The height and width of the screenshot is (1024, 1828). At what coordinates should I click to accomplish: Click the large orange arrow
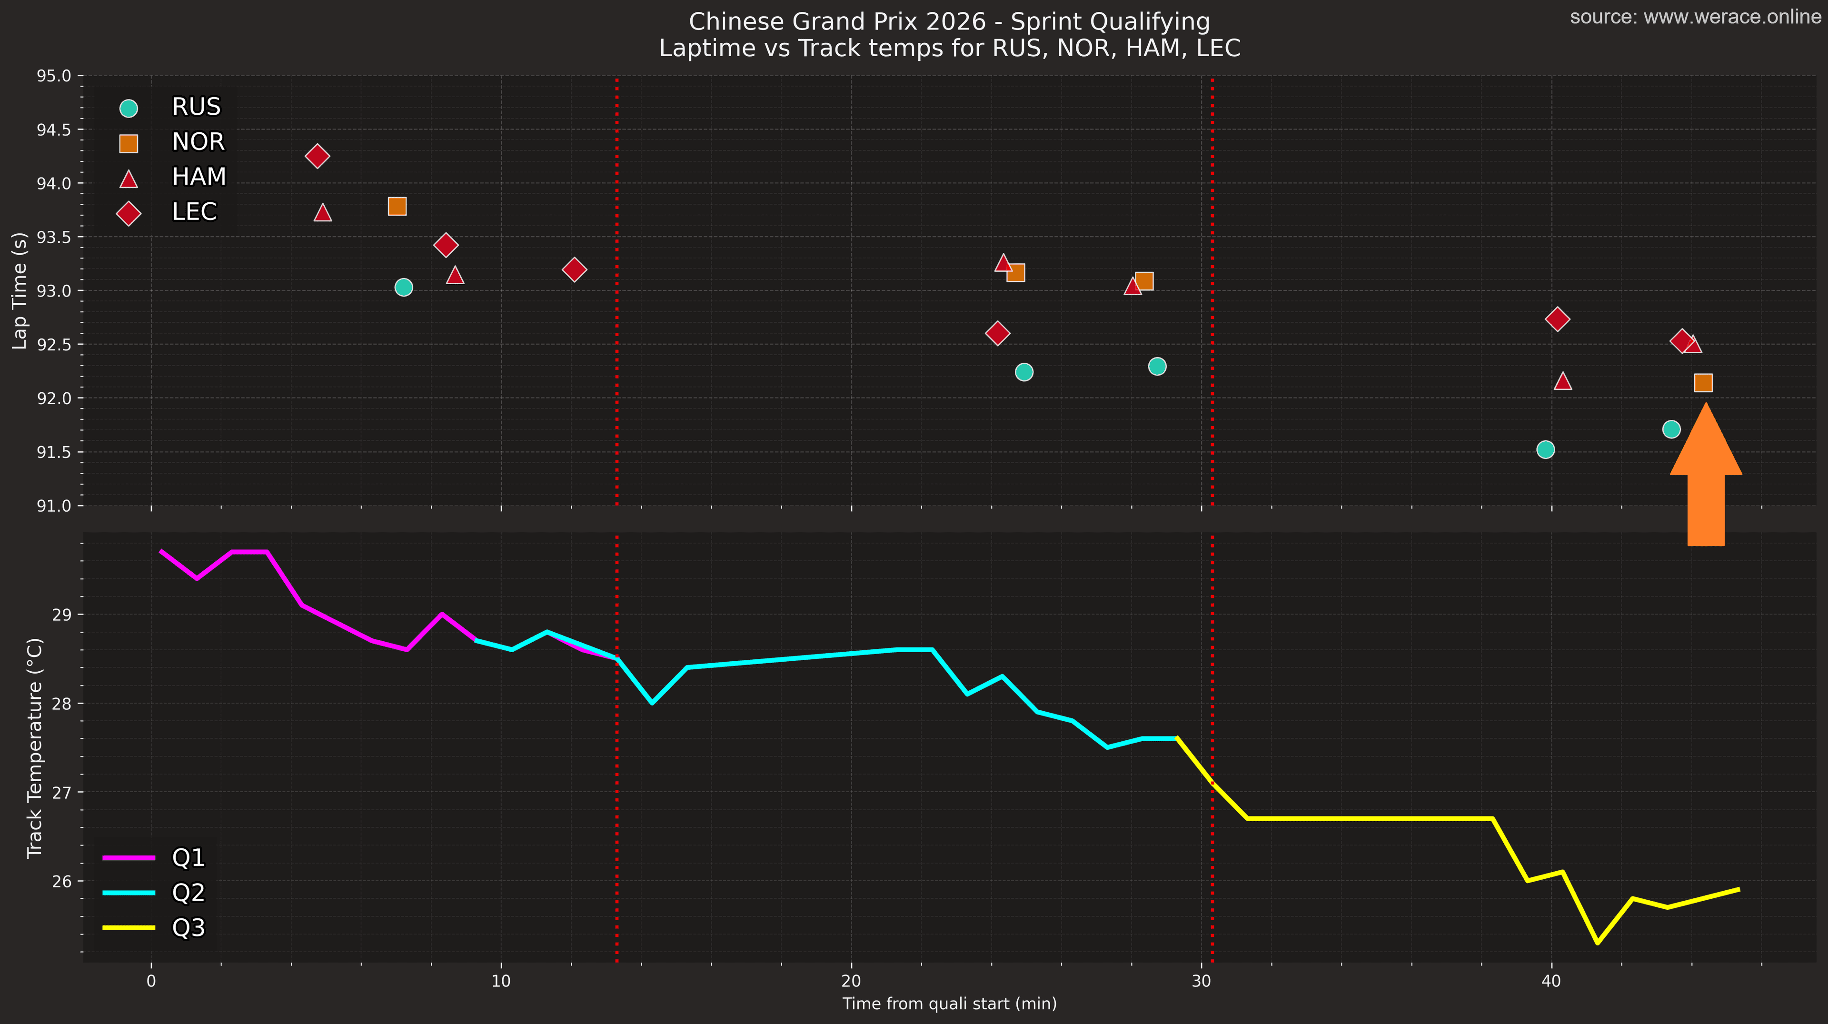(1705, 483)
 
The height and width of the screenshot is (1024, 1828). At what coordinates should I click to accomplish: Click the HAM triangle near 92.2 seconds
(1562, 381)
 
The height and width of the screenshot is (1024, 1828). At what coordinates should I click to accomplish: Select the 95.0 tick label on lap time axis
(54, 76)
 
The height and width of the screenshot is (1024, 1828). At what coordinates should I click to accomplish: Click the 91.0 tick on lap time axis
(54, 506)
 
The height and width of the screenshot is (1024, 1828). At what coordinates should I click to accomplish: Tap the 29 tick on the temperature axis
(62, 615)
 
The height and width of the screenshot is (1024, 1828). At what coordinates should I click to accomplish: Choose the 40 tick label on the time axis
(1551, 982)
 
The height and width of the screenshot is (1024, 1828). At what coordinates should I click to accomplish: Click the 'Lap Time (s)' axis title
(20, 291)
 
